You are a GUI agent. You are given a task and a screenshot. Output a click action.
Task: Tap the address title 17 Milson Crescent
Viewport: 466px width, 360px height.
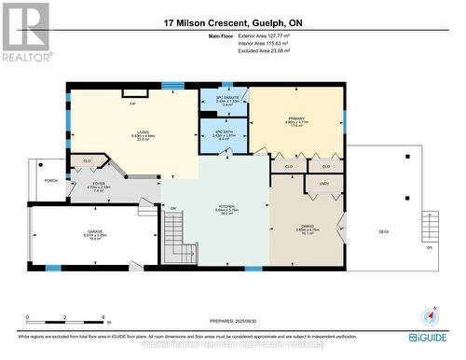[233, 22]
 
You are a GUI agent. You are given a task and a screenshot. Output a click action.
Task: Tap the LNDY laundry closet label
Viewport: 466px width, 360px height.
[323, 184]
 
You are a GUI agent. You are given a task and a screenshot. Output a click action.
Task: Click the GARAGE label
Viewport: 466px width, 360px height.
[95, 234]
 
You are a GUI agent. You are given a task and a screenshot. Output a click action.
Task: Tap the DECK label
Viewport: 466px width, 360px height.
[383, 231]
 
